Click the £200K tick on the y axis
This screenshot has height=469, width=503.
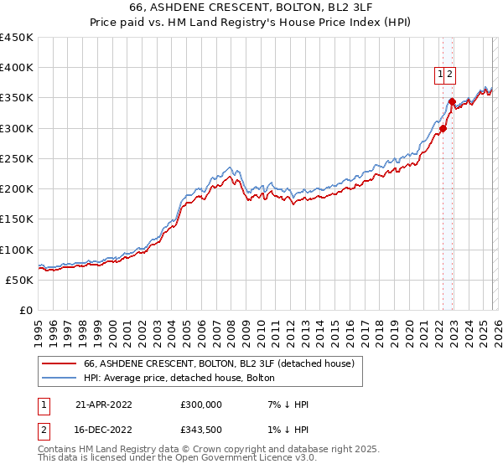tap(16, 189)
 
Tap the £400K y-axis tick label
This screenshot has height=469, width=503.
tap(16, 68)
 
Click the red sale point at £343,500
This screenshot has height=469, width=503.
tap(452, 102)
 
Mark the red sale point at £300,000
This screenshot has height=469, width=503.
tap(443, 129)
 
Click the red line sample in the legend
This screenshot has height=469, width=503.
tap(59, 363)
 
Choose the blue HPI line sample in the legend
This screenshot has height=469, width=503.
tap(59, 379)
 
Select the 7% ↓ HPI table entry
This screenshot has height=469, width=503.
tap(287, 404)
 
